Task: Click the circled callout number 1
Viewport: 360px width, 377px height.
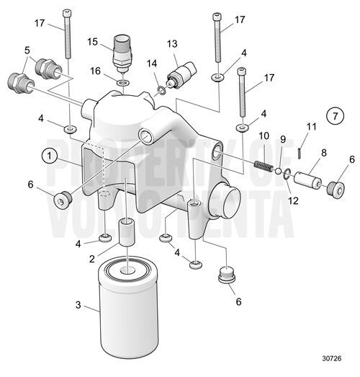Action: click(50, 155)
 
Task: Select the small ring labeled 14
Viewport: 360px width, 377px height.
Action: click(162, 90)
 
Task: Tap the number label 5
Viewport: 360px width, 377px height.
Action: click(27, 50)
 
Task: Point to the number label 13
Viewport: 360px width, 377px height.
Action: click(172, 44)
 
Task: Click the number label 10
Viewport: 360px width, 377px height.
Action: click(264, 136)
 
